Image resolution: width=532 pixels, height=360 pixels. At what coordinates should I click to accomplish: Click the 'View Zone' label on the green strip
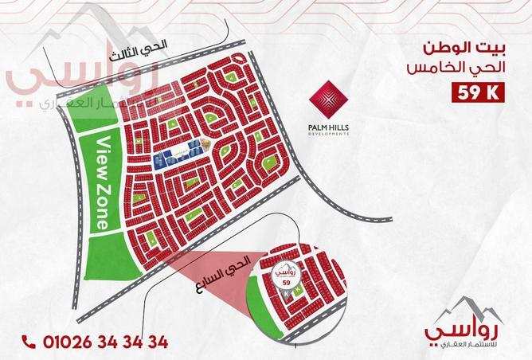coord(101,183)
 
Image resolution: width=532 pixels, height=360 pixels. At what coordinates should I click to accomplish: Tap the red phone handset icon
coord(29,342)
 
